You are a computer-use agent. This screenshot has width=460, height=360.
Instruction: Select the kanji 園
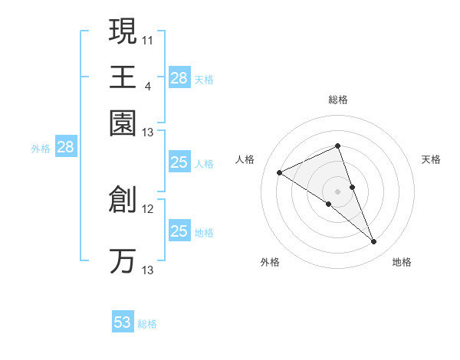pos(123,123)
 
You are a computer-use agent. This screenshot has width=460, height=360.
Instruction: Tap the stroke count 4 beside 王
pos(148,86)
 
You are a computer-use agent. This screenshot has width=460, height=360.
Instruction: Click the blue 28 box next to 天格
pos(179,78)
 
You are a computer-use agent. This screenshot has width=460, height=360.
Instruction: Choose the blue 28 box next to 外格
pos(65,148)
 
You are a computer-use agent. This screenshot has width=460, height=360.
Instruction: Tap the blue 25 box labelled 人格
pos(179,162)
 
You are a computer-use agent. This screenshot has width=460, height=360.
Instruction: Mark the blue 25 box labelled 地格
pos(179,231)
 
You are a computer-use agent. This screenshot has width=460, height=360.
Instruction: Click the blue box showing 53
pos(123,322)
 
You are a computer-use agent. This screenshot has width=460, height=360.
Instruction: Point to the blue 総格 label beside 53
pos(147,324)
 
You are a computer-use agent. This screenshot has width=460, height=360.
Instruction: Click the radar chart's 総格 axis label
pos(337,100)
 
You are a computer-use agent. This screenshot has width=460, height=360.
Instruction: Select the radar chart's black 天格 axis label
pos(431,159)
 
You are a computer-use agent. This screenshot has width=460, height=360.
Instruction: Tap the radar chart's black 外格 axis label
pos(270,262)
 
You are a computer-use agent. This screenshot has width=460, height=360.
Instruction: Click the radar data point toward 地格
pos(374,242)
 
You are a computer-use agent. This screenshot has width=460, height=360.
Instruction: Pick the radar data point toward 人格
pos(280,173)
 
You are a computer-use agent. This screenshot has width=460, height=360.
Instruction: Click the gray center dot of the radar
pos(337,191)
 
